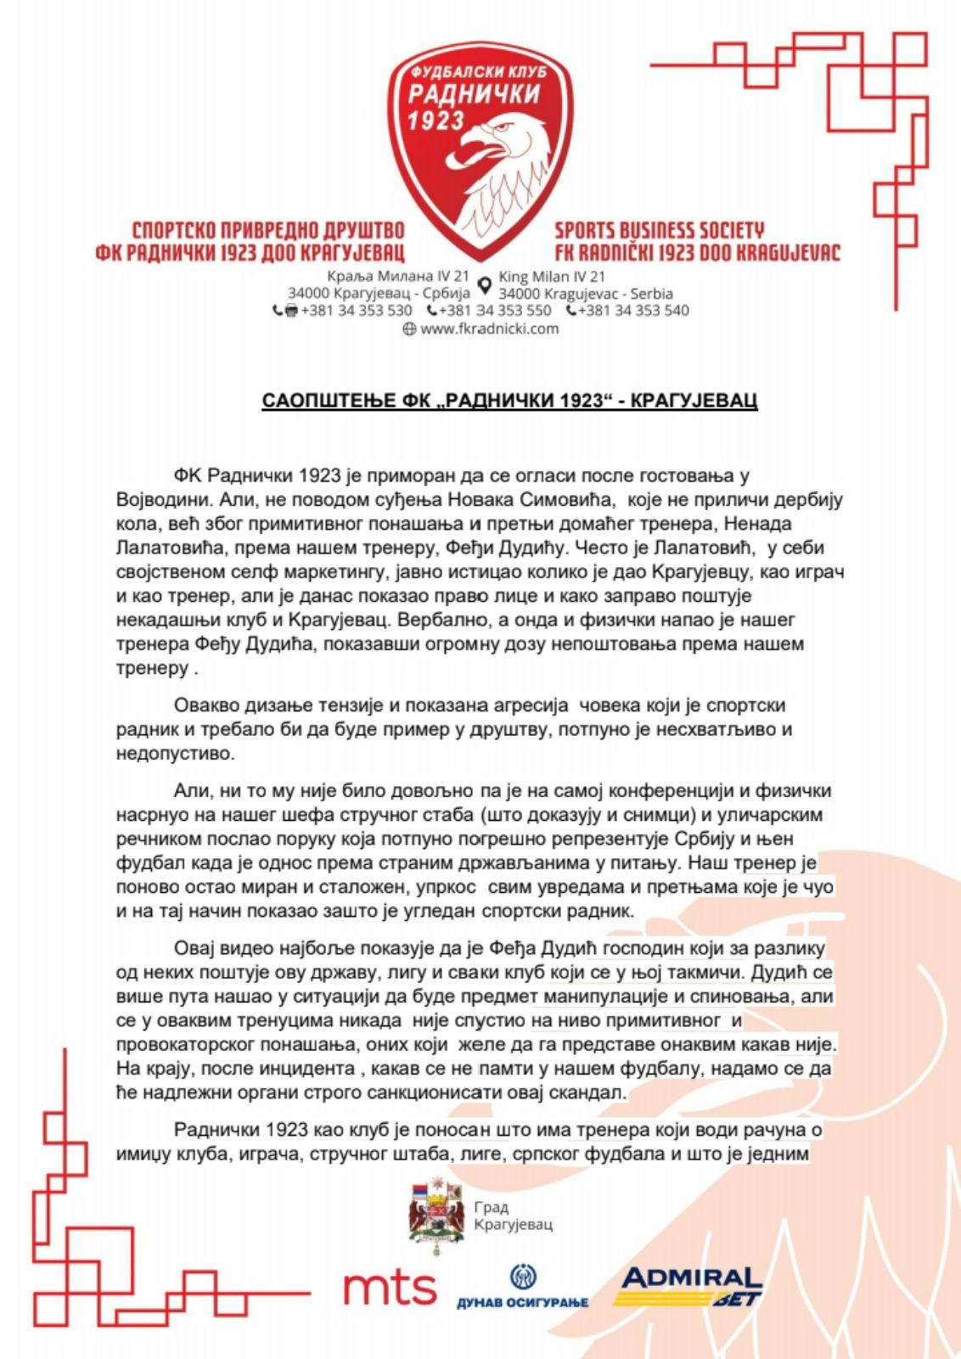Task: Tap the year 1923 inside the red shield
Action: [436, 121]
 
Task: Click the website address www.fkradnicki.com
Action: [489, 329]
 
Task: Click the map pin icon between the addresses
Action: [485, 284]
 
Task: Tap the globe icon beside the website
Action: [410, 330]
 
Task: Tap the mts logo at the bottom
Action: [390, 1289]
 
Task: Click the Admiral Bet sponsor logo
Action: [691, 1286]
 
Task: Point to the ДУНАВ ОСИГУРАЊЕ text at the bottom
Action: [522, 1302]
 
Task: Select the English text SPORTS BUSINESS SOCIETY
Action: [659, 230]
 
